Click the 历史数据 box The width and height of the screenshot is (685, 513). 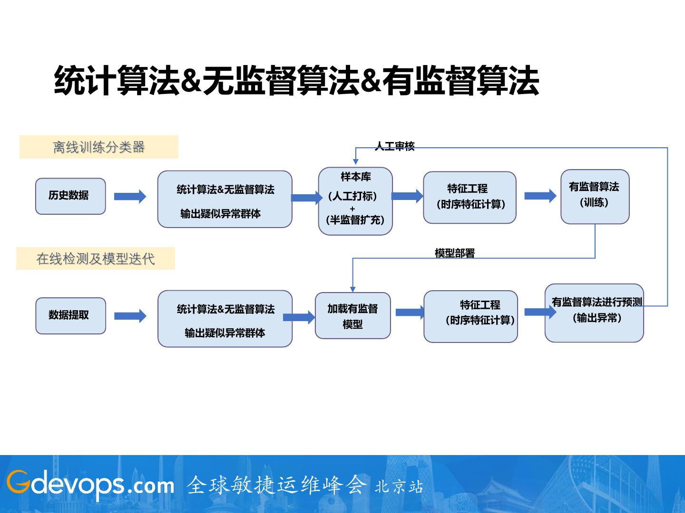(x=70, y=196)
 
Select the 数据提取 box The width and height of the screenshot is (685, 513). (x=70, y=315)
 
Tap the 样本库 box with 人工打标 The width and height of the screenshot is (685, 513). (x=355, y=200)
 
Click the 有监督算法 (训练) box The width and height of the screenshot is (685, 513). (x=595, y=196)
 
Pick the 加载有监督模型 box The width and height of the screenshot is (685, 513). (x=352, y=315)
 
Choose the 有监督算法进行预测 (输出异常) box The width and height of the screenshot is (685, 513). (x=594, y=313)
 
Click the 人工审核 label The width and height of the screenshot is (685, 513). (x=395, y=146)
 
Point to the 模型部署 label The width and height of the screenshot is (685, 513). (x=455, y=253)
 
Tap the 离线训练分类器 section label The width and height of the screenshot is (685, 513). (x=99, y=147)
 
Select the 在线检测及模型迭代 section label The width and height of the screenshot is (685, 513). (x=96, y=258)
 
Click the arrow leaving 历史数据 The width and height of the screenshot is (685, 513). (x=130, y=196)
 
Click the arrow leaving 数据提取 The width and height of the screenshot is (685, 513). (x=130, y=316)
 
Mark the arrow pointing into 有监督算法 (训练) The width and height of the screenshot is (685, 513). (x=540, y=196)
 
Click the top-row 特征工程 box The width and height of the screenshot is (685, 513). (x=470, y=197)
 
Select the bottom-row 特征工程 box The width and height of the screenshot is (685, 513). (x=470, y=316)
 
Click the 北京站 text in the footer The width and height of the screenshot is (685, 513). (x=399, y=486)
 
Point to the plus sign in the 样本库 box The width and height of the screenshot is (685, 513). (x=352, y=209)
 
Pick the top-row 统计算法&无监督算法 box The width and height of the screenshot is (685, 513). (x=225, y=199)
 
